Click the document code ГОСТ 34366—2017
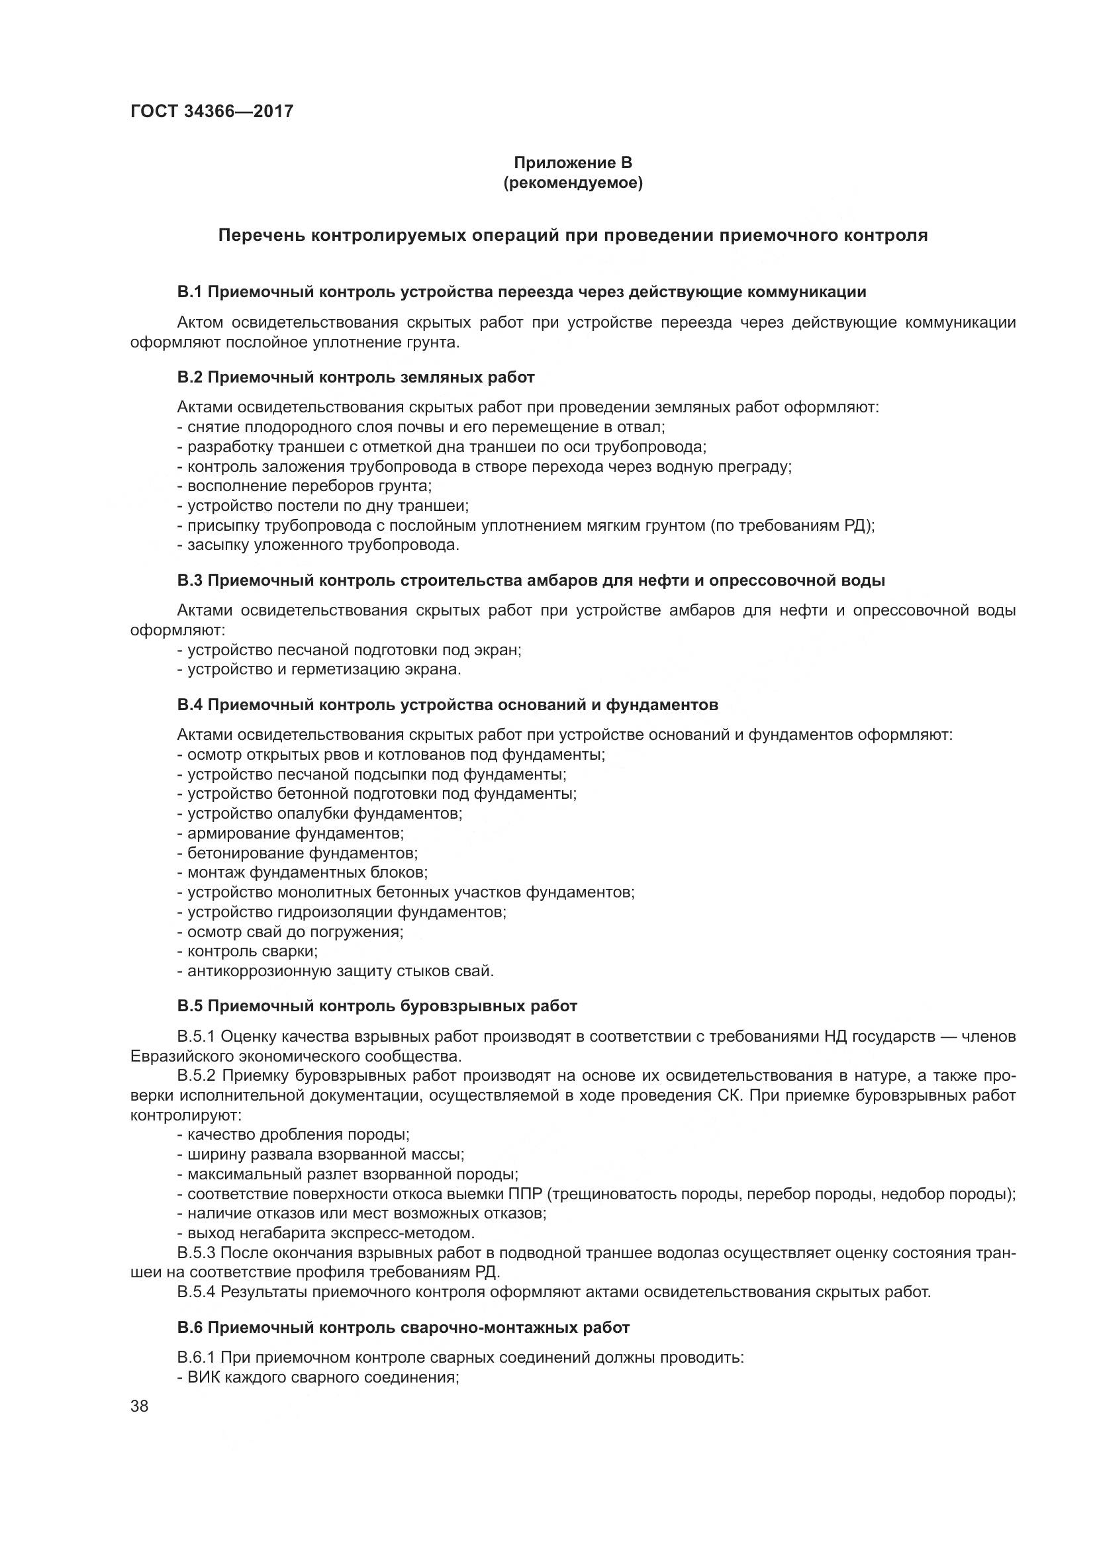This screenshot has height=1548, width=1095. tap(212, 111)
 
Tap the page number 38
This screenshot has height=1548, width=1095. tap(140, 1406)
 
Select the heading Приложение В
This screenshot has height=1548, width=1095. tap(573, 163)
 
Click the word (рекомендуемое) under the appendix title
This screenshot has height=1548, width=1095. tap(573, 183)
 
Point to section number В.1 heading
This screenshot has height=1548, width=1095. tap(190, 292)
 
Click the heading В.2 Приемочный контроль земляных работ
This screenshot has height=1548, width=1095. tap(356, 377)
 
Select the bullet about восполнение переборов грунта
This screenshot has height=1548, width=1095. tap(305, 485)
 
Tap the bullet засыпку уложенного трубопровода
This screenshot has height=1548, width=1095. tap(318, 545)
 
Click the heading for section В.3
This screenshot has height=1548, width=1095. tap(531, 580)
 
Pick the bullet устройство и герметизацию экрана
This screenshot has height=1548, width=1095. tap(320, 670)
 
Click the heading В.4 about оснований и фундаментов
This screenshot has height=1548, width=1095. tap(447, 705)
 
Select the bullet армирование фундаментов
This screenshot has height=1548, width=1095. tap(291, 833)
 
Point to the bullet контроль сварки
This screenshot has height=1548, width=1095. tap(248, 951)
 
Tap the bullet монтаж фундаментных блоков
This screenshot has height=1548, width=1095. tap(303, 872)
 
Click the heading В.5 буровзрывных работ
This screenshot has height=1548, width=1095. tap(377, 1006)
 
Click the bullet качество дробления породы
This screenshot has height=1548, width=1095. tap(293, 1134)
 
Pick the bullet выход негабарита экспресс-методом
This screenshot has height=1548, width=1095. tap(326, 1233)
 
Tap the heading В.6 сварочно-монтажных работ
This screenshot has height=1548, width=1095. tap(403, 1328)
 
